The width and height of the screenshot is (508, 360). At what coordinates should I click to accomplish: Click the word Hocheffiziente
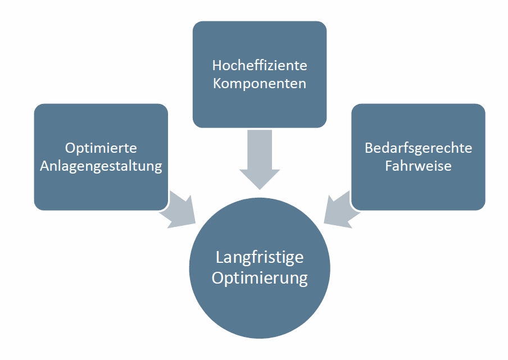(x=260, y=65)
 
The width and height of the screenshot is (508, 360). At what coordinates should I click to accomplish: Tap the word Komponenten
(x=260, y=84)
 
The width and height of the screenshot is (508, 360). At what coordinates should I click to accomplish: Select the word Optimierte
(x=101, y=148)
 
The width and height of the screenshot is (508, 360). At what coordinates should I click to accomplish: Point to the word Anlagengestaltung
(x=101, y=167)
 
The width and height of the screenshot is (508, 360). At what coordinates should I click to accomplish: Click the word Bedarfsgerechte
(x=418, y=148)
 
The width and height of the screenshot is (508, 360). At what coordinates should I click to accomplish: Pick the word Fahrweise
(x=418, y=167)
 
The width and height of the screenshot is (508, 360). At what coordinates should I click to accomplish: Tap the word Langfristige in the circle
(x=260, y=257)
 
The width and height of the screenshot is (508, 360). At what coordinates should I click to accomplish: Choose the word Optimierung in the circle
(x=260, y=278)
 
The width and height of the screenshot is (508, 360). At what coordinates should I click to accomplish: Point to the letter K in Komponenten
(x=217, y=84)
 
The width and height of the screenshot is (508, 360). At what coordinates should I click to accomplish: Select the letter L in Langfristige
(x=220, y=257)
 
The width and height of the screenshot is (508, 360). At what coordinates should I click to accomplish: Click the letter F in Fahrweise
(x=389, y=167)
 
